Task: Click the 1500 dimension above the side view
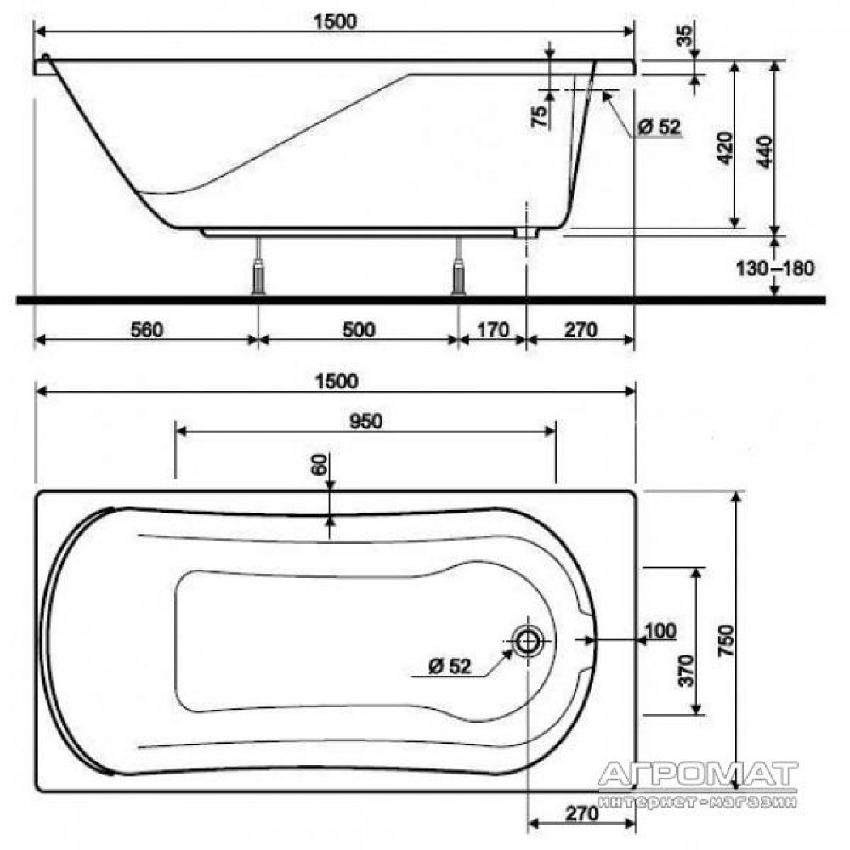point(336,21)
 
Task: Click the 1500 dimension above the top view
point(337,381)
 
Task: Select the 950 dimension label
point(366,422)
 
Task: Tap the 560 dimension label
point(147,330)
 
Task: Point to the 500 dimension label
point(359,330)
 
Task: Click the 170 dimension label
point(493,330)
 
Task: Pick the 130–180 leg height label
point(775,268)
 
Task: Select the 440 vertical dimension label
point(764,152)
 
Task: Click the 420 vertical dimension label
point(725,148)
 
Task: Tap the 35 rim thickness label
point(686,36)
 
